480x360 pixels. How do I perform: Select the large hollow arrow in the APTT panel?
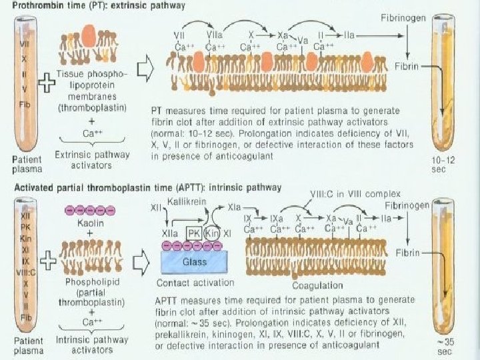[x=143, y=262]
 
